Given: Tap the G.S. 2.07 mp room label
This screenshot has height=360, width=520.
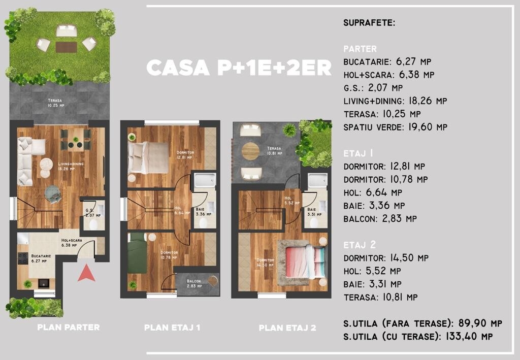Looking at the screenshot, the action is [x=93, y=213].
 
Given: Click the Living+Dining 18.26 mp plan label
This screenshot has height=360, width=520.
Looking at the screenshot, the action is [x=71, y=166].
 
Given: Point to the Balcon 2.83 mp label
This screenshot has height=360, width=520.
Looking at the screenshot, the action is [x=194, y=283].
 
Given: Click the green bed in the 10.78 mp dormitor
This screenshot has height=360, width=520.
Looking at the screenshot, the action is [x=137, y=253].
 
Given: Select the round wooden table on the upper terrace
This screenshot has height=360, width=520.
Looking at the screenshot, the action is [x=250, y=151].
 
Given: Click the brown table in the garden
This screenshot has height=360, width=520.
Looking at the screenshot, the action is [x=67, y=47].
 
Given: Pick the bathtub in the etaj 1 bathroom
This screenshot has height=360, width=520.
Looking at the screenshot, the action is [x=205, y=180].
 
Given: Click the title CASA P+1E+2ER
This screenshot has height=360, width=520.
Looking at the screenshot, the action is [x=239, y=68].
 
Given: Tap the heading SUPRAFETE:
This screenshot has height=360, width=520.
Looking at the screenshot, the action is [x=369, y=23].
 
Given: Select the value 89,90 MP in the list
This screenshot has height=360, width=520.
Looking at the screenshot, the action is [x=480, y=323].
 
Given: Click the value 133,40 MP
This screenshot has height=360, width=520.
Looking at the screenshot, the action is [x=469, y=336].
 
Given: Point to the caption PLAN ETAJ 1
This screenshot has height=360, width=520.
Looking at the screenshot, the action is [x=172, y=328].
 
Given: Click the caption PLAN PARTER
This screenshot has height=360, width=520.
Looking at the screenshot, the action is [x=69, y=327].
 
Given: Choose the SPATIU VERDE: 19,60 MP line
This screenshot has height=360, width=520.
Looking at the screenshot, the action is [x=395, y=127].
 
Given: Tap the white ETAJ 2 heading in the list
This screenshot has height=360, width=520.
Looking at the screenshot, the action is [x=360, y=245].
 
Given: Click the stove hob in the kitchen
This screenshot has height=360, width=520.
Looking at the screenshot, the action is [x=22, y=258].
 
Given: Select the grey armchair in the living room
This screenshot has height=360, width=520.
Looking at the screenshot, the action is [x=53, y=194].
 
